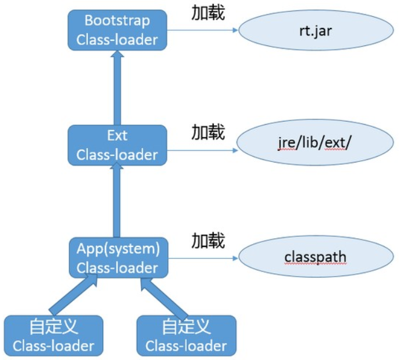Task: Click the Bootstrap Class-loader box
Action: [x=117, y=30]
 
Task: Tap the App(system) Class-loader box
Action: [x=117, y=257]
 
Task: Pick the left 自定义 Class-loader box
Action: [x=53, y=336]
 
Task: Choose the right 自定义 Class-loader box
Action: [x=186, y=336]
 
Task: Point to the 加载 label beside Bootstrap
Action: [x=208, y=13]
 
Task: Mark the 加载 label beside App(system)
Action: [x=208, y=240]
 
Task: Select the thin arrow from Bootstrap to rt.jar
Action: [x=201, y=30]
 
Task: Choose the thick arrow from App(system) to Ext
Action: [x=117, y=201]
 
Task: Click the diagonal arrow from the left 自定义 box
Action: [x=72, y=295]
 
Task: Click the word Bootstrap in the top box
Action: [x=117, y=20]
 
